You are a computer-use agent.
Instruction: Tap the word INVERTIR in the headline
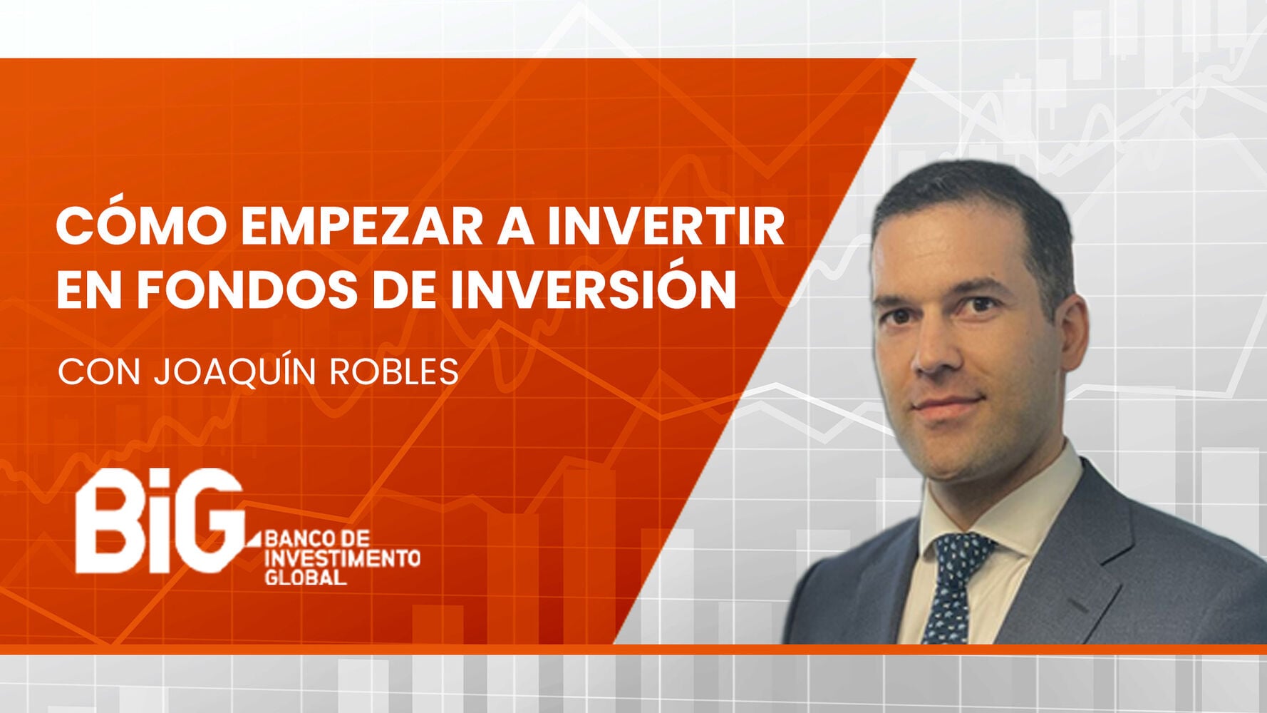coord(666,227)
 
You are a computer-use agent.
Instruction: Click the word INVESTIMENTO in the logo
coord(342,558)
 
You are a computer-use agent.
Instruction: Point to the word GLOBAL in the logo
coord(306,577)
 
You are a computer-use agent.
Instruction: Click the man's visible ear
coord(1074,335)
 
